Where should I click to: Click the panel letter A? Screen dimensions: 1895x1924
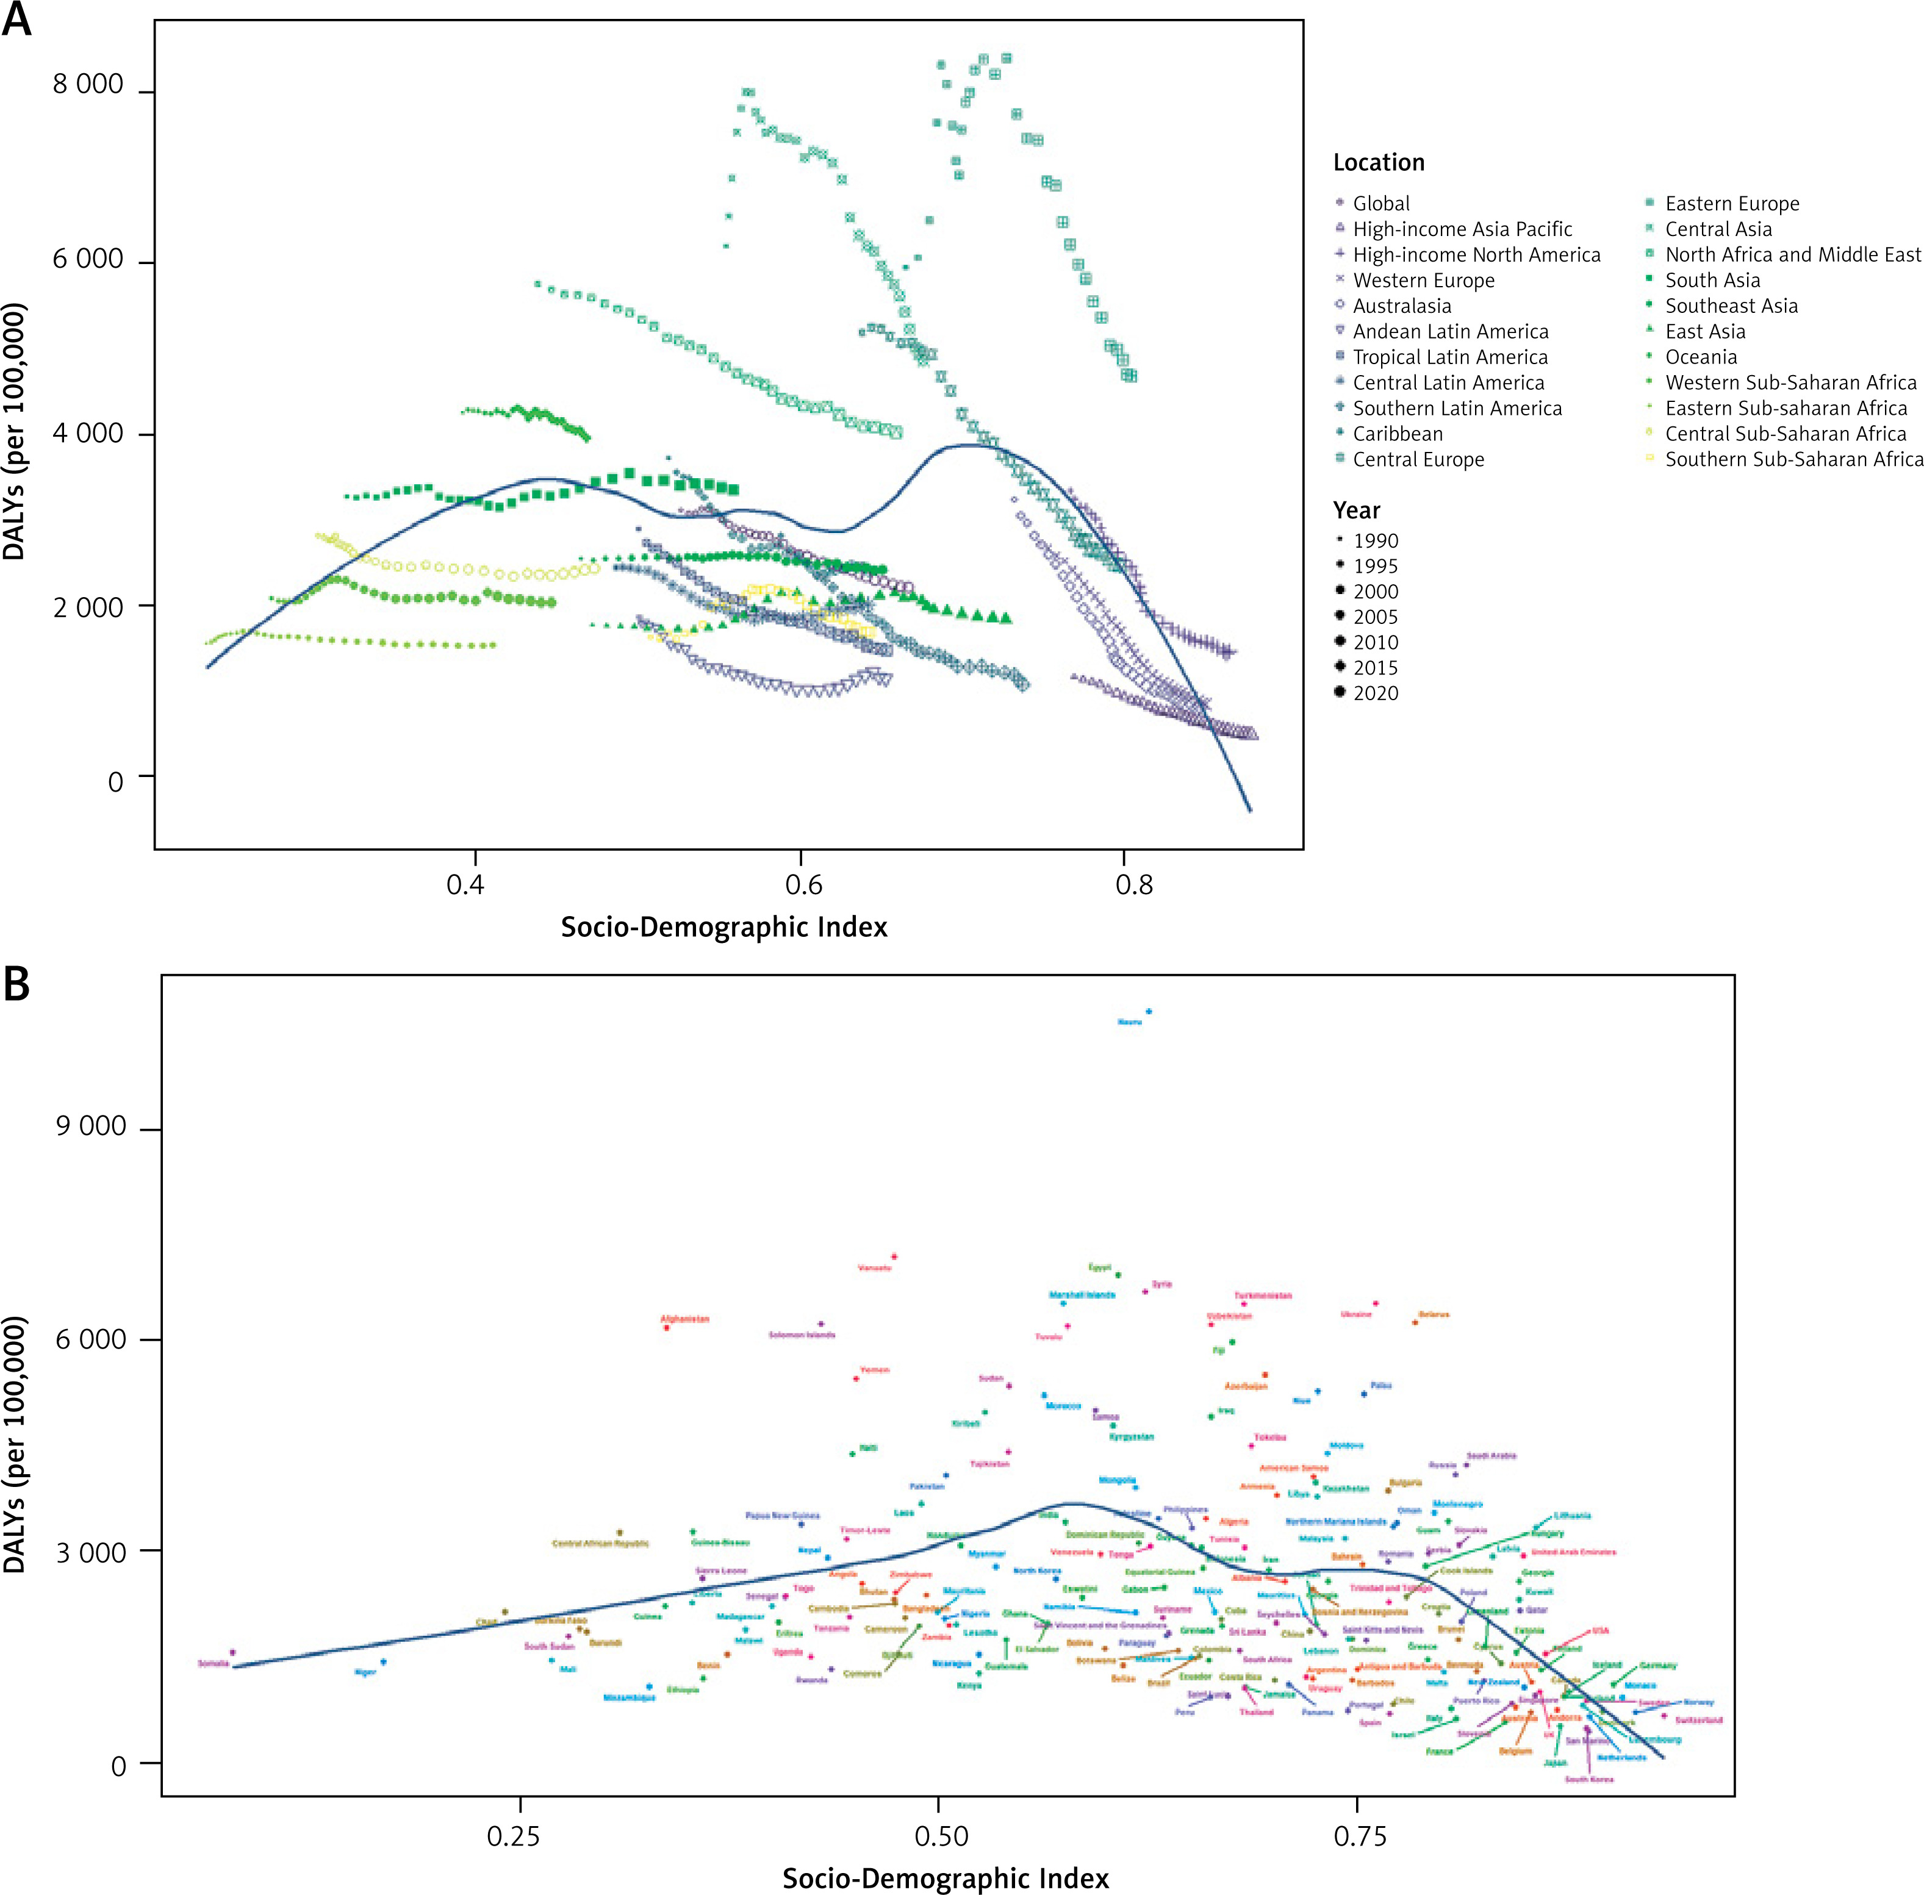17,20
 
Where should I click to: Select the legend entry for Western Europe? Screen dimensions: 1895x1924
1423,281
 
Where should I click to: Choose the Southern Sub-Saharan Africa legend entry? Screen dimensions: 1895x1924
1793,459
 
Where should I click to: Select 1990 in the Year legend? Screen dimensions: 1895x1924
1374,540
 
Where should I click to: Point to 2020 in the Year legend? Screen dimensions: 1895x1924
1374,693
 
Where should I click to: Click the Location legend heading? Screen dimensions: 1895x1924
1379,162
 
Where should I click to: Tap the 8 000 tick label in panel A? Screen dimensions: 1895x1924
88,85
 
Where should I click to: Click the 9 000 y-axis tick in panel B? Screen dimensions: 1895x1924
90,1126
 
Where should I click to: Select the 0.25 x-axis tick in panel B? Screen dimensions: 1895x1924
514,1836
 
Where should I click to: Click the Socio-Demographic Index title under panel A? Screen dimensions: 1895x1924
723,926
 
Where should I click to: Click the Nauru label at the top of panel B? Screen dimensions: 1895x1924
1130,1022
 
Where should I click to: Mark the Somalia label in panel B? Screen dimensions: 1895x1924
213,1663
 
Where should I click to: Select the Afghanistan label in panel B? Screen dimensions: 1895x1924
685,1319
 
